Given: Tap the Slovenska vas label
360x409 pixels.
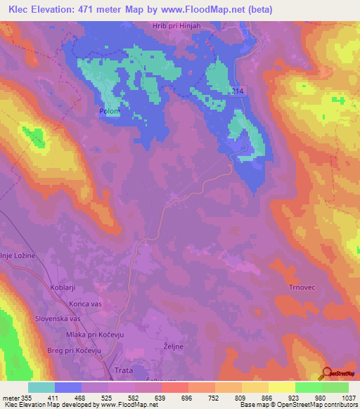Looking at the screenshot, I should pyautogui.click(x=56, y=318).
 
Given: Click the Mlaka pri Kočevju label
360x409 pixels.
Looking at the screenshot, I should pyautogui.click(x=95, y=335).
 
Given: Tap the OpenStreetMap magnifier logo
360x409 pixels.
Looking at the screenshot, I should pyautogui.click(x=326, y=373).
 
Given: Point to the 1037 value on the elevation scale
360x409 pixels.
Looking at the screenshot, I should pyautogui.click(x=348, y=398).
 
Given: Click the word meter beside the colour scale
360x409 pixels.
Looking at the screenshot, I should pyautogui.click(x=11, y=398).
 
